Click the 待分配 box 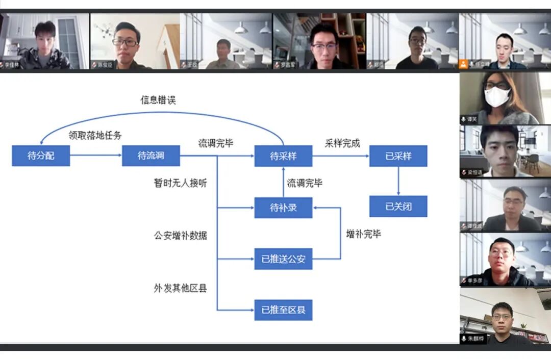pyautogui.click(x=41, y=156)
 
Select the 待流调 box pyautogui.click(x=151, y=156)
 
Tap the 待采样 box pyautogui.click(x=283, y=156)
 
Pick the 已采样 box pyautogui.click(x=398, y=156)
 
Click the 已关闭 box pyautogui.click(x=398, y=207)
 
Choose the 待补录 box pyautogui.click(x=283, y=208)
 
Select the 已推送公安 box pyautogui.click(x=283, y=259)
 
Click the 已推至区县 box pyautogui.click(x=283, y=310)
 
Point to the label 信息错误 pyautogui.click(x=158, y=100)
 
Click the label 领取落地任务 pyautogui.click(x=95, y=135)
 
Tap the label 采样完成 pyautogui.click(x=342, y=143)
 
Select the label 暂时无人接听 pyautogui.click(x=181, y=183)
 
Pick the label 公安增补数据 pyautogui.click(x=181, y=236)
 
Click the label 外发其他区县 pyautogui.click(x=181, y=288)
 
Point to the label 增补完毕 pyautogui.click(x=363, y=234)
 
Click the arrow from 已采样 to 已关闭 pyautogui.click(x=398, y=181)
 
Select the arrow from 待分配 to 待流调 pyautogui.click(x=95, y=156)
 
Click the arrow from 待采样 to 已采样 pyautogui.click(x=341, y=156)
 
